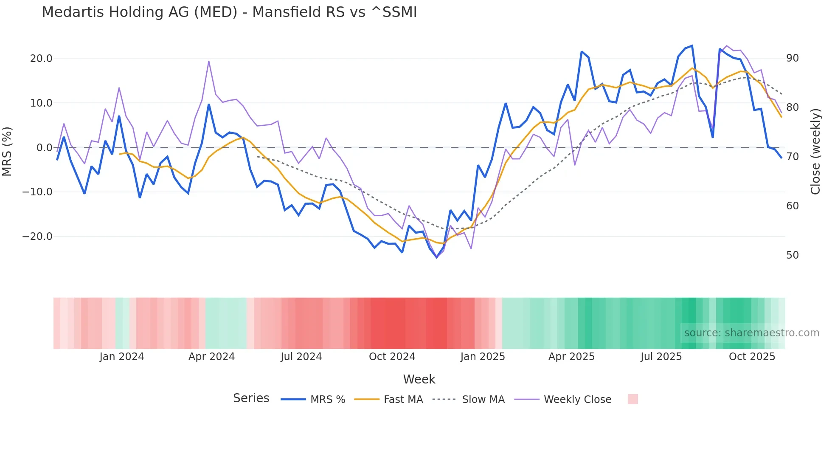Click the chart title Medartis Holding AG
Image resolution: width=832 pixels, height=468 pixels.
pyautogui.click(x=229, y=12)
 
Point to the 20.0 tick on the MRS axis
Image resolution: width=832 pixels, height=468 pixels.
pyautogui.click(x=41, y=59)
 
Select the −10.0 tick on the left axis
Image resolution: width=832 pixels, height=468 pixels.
pyautogui.click(x=37, y=192)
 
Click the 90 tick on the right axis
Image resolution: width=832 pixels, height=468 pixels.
pyautogui.click(x=792, y=58)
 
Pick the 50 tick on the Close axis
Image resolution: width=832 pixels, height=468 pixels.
pyautogui.click(x=792, y=255)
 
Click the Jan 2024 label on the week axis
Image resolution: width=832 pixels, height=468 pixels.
pyautogui.click(x=122, y=357)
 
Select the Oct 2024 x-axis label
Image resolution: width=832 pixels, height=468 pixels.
pyautogui.click(x=392, y=357)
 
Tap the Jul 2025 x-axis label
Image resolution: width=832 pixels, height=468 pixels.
pyautogui.click(x=661, y=357)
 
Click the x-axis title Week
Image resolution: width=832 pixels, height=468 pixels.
pyautogui.click(x=419, y=379)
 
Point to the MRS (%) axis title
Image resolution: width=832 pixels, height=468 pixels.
pyautogui.click(x=7, y=151)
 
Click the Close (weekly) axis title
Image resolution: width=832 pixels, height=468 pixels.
pyautogui.click(x=815, y=152)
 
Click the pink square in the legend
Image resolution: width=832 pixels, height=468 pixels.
pyautogui.click(x=632, y=399)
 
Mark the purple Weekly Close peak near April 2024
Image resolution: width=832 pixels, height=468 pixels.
pyautogui.click(x=209, y=62)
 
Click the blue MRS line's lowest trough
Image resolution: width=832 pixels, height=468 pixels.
pyautogui.click(x=436, y=257)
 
